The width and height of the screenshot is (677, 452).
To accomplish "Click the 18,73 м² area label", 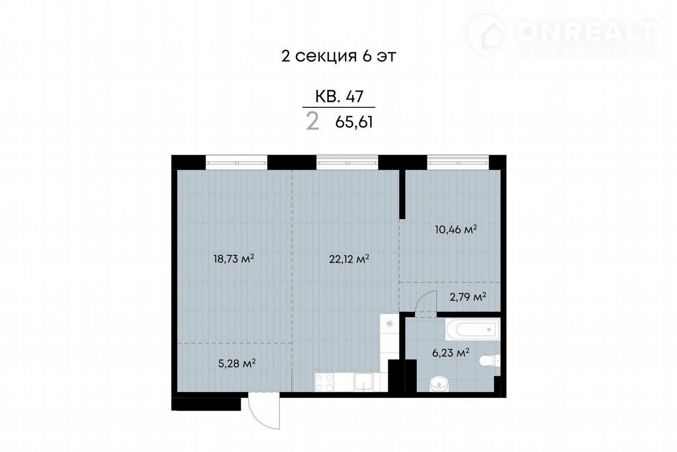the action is click(234, 259).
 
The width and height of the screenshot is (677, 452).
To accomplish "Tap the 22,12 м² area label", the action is click(349, 259).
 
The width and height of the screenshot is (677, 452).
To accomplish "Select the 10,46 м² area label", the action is click(456, 229).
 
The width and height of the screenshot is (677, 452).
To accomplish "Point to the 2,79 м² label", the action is click(468, 297).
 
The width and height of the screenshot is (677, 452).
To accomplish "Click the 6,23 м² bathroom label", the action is click(451, 353).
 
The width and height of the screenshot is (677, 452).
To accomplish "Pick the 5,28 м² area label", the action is click(237, 364).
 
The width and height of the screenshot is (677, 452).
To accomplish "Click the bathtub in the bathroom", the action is click(473, 329).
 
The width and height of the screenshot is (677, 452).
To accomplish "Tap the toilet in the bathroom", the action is click(490, 361).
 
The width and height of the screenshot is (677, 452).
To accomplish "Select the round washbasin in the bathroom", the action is click(439, 384).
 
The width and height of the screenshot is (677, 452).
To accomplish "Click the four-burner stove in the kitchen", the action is click(324, 382).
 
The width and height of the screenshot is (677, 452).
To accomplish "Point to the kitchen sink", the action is click(364, 382).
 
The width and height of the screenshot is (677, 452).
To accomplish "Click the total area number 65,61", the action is click(354, 122).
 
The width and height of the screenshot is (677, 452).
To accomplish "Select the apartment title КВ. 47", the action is click(339, 97).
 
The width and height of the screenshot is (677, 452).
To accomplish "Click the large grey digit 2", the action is click(313, 121).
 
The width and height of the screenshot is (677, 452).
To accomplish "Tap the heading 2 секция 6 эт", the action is click(338, 56).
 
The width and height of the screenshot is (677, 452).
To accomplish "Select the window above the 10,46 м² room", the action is click(458, 162).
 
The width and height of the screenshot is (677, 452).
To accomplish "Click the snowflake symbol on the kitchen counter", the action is click(389, 324).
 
